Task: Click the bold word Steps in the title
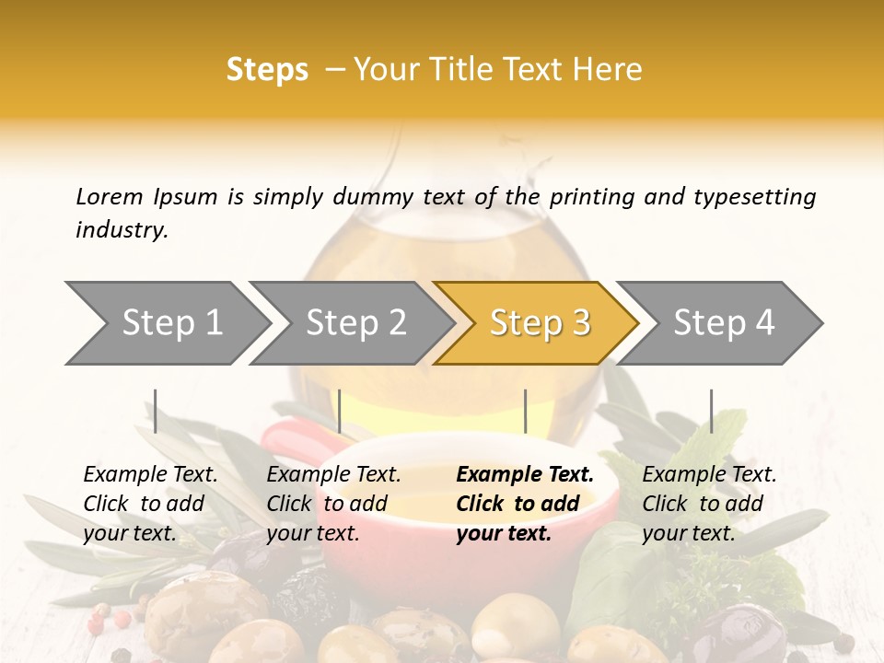[267, 69]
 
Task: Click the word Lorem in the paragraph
[110, 196]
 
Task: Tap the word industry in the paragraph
[121, 229]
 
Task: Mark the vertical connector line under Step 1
[156, 411]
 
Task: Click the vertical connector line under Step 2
[340, 411]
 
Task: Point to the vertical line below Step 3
[525, 411]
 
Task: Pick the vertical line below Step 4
[711, 411]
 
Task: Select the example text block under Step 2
[333, 504]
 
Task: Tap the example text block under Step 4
[709, 504]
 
